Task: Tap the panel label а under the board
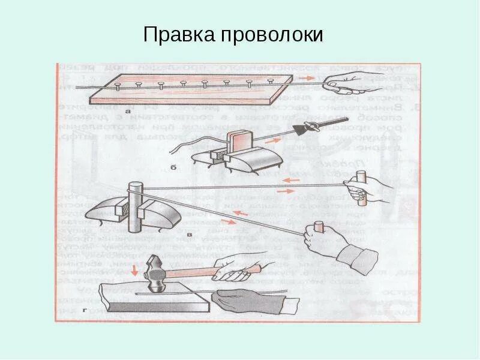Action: [127, 111]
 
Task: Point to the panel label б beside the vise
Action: [173, 167]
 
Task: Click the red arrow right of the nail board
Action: [307, 79]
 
